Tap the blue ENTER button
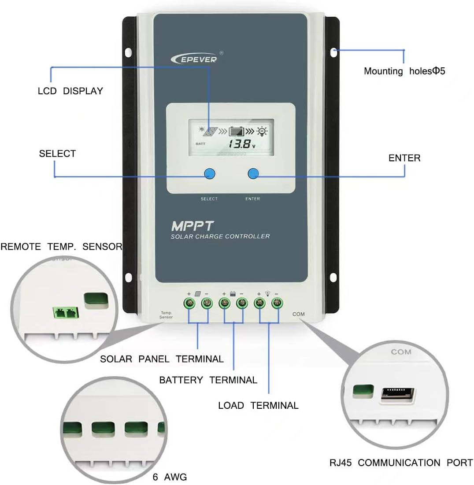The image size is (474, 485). [x=253, y=174]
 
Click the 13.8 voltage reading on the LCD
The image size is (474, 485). [x=241, y=144]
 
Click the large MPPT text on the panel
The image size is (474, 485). [x=193, y=226]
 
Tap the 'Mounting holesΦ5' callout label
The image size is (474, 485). [x=404, y=71]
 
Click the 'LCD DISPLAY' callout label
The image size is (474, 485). [x=70, y=91]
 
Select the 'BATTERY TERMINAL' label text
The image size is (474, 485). [x=208, y=380]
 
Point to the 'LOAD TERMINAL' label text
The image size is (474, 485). [x=258, y=405]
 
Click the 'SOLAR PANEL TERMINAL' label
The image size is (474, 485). [x=162, y=359]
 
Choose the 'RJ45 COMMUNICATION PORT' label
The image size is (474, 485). [x=401, y=463]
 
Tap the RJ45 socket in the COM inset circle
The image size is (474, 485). [x=398, y=394]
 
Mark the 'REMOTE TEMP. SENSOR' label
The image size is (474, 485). [x=61, y=247]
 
